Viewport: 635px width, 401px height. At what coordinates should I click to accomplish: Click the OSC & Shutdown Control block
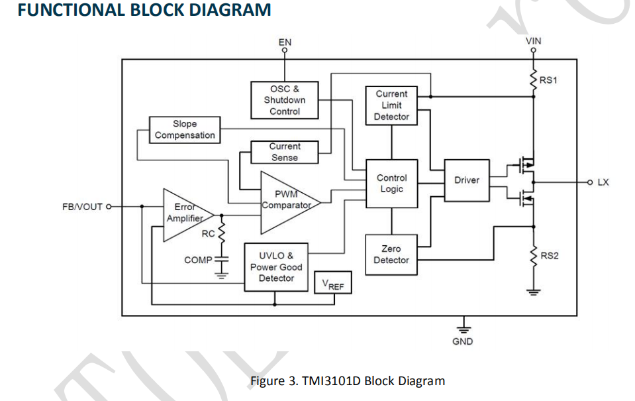[x=285, y=100]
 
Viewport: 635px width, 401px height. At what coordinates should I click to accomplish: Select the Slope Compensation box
[x=185, y=130]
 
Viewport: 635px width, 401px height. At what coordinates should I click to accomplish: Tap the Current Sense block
[x=285, y=152]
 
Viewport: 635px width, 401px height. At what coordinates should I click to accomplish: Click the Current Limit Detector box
[x=391, y=105]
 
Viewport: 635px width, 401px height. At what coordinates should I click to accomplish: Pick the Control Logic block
[x=391, y=184]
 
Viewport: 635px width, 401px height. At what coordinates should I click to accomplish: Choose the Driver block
[x=466, y=180]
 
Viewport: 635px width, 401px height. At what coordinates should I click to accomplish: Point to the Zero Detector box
[x=391, y=255]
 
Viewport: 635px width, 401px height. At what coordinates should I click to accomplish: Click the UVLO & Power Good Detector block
[x=276, y=266]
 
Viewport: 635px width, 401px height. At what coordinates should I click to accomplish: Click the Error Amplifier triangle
[x=185, y=214]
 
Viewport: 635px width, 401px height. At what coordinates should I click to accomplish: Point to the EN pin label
[x=285, y=42]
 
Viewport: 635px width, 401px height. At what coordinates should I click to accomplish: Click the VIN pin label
[x=533, y=41]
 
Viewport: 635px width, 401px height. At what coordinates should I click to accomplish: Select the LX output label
[x=603, y=182]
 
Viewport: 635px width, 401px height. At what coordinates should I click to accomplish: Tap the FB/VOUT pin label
[x=83, y=207]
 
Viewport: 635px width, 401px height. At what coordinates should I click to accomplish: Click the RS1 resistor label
[x=549, y=80]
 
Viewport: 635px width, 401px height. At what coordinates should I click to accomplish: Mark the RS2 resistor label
[x=550, y=255]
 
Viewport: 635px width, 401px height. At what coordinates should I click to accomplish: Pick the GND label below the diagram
[x=463, y=341]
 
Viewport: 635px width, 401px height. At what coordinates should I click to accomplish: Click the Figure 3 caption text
[x=347, y=381]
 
